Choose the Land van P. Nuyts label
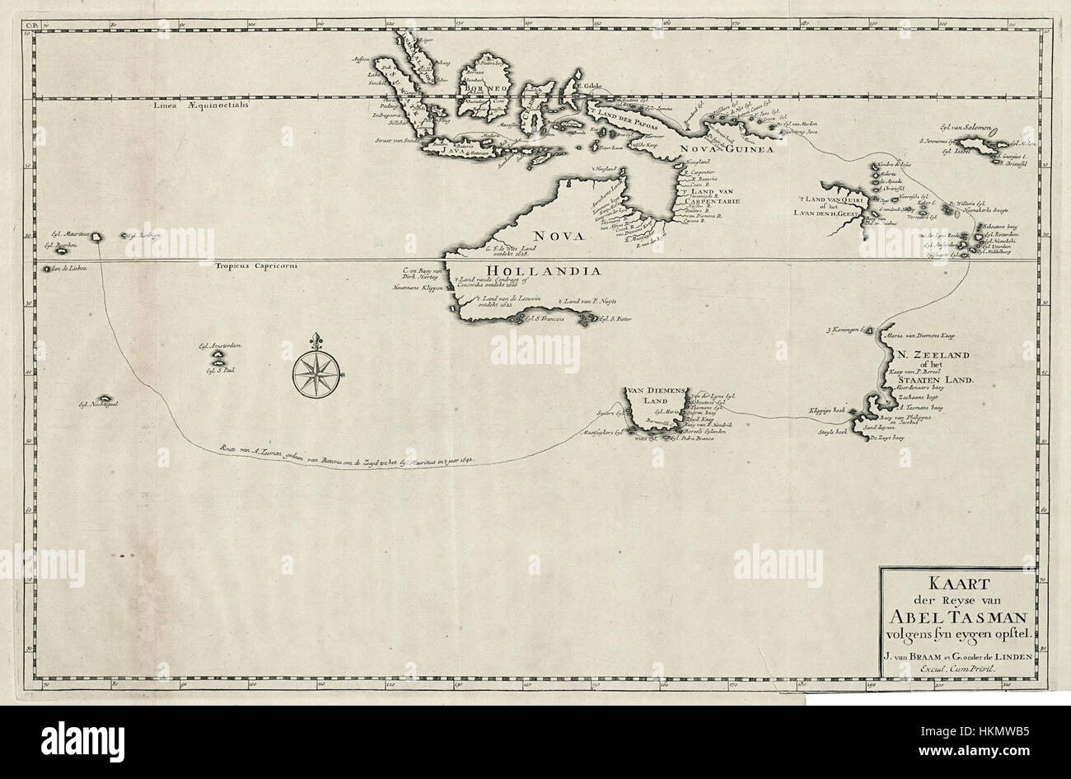point(588,303)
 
